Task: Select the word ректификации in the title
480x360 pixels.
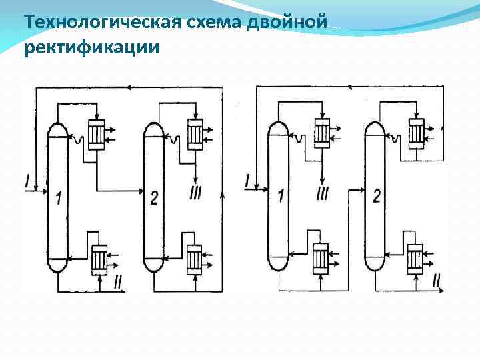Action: (x=91, y=48)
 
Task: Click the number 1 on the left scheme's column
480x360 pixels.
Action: (x=59, y=199)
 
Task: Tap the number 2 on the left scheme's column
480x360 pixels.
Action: (x=154, y=199)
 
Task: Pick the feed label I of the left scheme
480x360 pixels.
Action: (x=27, y=180)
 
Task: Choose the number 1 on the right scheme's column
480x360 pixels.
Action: (x=281, y=196)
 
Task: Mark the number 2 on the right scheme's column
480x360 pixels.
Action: (x=377, y=196)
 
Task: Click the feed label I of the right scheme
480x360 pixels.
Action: (x=248, y=180)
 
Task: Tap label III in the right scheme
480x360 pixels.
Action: (x=323, y=194)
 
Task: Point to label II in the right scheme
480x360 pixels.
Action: (x=436, y=281)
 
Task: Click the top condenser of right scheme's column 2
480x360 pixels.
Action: (x=417, y=133)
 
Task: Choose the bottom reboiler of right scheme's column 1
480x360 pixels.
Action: (x=321, y=256)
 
